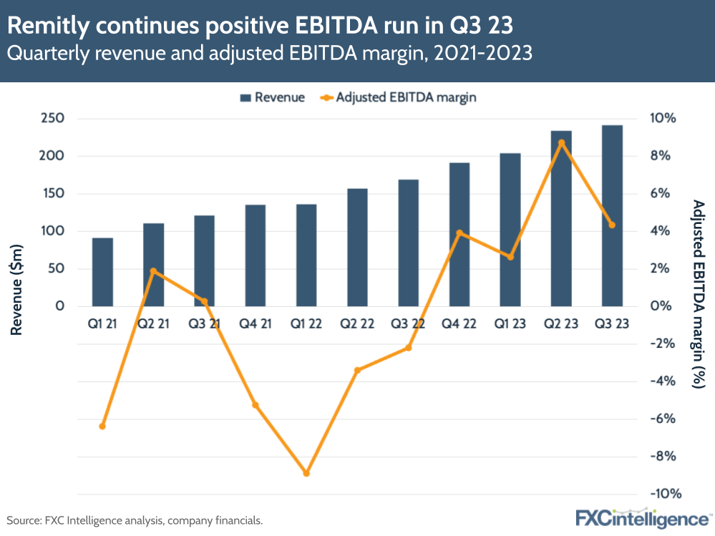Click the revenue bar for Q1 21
pos(102,272)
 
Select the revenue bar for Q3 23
pos(612,215)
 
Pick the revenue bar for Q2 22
pos(357,247)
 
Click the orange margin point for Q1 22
pos(306,473)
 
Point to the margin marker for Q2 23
pos(561,142)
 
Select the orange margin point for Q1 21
pos(102,427)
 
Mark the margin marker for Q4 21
pos(256,405)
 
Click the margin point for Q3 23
pos(612,225)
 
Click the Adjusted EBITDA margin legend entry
pos(399,97)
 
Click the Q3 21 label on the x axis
pos(205,324)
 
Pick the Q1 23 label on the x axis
pos(510,324)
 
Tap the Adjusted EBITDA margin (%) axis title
pos(699,293)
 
